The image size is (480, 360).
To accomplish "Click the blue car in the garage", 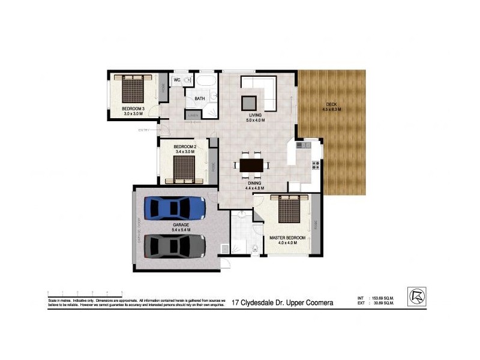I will (175, 208).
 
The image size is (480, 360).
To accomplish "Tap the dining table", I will (251, 165).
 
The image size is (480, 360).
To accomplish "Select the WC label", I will (178, 80).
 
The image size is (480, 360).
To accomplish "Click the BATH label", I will (200, 98).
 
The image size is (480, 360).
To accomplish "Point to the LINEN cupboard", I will (193, 115).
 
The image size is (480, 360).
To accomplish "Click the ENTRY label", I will (144, 130).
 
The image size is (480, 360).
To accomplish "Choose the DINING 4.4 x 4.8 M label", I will (255, 185).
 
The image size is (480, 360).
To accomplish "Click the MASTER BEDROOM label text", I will (287, 238).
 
